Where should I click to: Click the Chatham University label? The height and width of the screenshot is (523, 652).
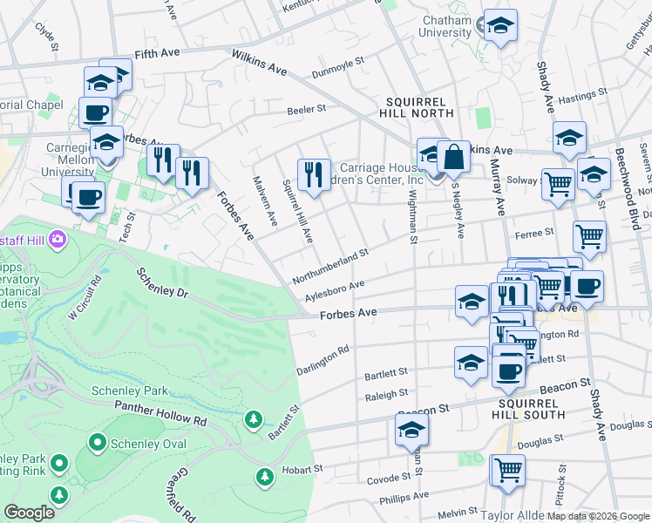pyautogui.click(x=446, y=26)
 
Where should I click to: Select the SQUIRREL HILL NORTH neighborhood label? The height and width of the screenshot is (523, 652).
pyautogui.click(x=417, y=107)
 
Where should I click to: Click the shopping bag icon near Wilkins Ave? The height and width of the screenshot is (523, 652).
pyautogui.click(x=453, y=158)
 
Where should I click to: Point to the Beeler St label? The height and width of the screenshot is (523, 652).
pyautogui.click(x=306, y=110)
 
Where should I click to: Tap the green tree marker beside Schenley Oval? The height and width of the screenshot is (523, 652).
pyautogui.click(x=97, y=443)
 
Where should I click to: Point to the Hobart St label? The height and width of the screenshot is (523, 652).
pyautogui.click(x=301, y=470)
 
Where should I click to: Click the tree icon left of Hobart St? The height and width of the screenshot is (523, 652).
pyautogui.click(x=264, y=477)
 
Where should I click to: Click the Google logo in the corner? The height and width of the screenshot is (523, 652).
pyautogui.click(x=29, y=512)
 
